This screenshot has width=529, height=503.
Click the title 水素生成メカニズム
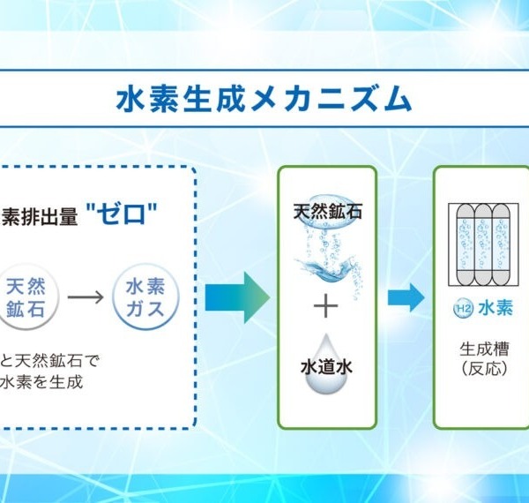264,98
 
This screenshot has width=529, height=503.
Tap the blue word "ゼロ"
122,214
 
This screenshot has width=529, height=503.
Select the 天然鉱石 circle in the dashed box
26,297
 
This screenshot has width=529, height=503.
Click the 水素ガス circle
145,297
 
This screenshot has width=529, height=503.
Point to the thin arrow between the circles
86,297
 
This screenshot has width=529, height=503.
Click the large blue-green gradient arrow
237,297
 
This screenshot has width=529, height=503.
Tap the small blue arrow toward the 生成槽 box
406,297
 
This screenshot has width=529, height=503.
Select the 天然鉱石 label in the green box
328,212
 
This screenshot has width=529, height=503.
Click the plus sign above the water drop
325,306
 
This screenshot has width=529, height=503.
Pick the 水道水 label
326,367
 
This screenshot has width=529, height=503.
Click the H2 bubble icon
463,308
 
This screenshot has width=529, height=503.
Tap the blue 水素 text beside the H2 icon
495,308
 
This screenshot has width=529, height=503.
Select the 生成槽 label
484,349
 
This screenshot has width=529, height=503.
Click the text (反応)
484,368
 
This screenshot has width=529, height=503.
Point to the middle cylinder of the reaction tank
483,245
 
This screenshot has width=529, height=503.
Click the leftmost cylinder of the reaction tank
466,245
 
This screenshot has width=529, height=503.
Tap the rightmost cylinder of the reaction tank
501,245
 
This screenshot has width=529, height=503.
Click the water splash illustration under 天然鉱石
325,267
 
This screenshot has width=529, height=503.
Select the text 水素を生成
41,382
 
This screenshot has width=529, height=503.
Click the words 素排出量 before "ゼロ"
40,217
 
